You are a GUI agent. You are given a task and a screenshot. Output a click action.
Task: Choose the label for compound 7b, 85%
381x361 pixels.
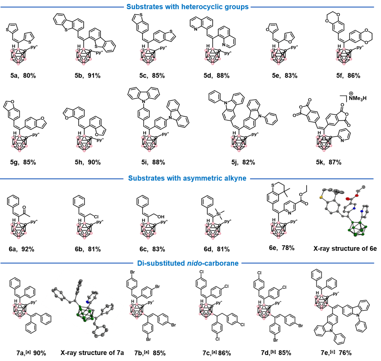[151, 353]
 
